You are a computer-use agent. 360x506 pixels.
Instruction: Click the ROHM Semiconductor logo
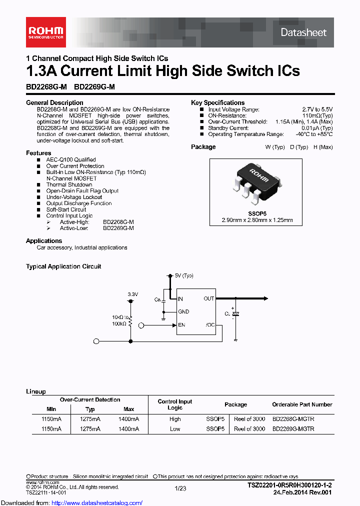pyautogui.click(x=45, y=31)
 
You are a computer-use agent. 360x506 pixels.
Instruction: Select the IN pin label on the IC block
pyautogui.click(x=180, y=299)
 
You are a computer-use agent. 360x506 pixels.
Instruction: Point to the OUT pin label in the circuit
pyautogui.click(x=208, y=299)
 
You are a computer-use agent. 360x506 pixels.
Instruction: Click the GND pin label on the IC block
pyautogui.click(x=183, y=312)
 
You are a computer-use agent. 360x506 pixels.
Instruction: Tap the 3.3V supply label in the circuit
pyautogui.click(x=132, y=294)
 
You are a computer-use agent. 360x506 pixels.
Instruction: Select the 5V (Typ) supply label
pyautogui.click(x=184, y=275)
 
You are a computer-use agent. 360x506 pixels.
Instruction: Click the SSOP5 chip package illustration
pyautogui.click(x=255, y=182)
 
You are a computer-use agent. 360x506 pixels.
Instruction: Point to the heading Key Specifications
pyautogui.click(x=217, y=102)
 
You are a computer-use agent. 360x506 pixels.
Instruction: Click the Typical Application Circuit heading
pyautogui.click(x=63, y=266)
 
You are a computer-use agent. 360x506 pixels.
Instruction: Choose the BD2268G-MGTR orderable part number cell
pyautogui.click(x=293, y=419)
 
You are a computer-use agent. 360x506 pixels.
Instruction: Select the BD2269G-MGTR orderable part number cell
pyautogui.click(x=293, y=429)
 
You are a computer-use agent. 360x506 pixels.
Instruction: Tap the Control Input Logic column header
pyautogui.click(x=175, y=404)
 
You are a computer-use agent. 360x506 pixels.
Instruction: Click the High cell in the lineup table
pyautogui.click(x=175, y=419)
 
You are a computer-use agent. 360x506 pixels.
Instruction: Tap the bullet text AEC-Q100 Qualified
pyautogui.click(x=71, y=160)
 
